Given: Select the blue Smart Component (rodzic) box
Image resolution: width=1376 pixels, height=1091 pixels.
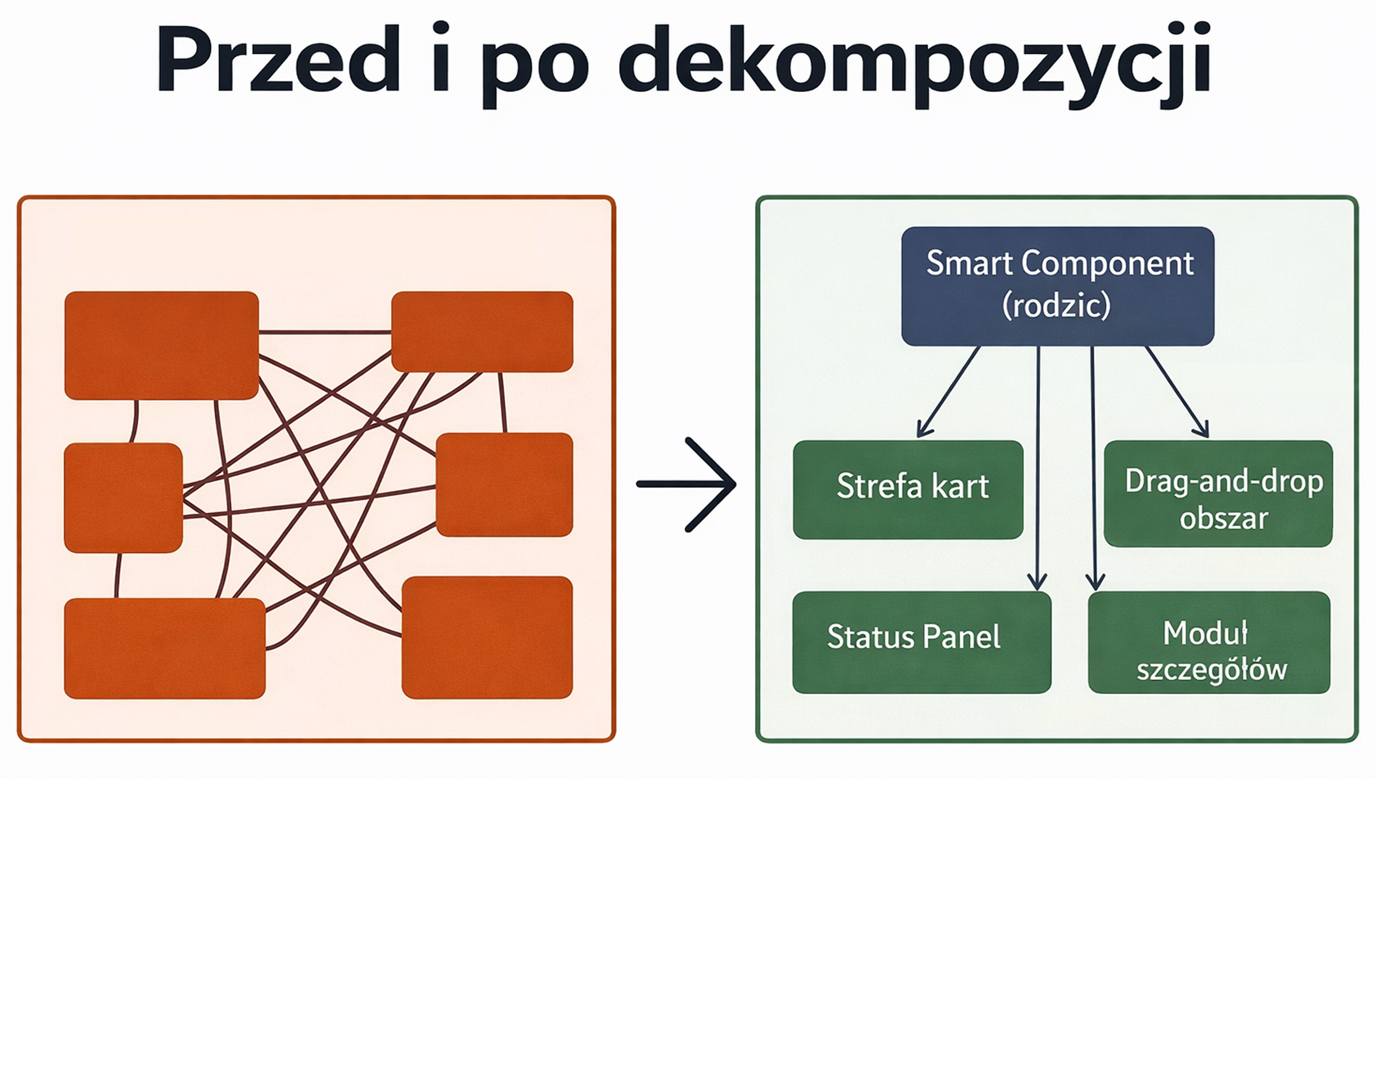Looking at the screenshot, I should coord(1058,286).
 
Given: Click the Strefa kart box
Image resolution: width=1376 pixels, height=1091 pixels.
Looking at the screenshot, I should coord(907,490).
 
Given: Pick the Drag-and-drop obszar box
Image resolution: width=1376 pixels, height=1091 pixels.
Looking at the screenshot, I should coord(1218,493).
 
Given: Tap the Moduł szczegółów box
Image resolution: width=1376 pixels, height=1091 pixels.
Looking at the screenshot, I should coord(1209,642).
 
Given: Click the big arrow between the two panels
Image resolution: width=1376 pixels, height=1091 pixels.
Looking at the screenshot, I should coord(686,484).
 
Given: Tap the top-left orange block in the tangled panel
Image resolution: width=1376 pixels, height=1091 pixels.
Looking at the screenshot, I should coord(161,345).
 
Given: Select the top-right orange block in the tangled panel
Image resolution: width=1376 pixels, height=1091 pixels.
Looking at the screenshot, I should coord(482,331).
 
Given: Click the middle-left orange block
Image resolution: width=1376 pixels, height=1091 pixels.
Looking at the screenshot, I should coord(123,498).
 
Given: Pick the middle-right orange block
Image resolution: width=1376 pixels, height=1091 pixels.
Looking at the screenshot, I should coord(504,484).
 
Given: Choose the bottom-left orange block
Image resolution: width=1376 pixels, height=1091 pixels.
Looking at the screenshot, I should coord(164,648).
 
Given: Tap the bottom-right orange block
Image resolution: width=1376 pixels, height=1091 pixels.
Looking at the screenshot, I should coord(487,637).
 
